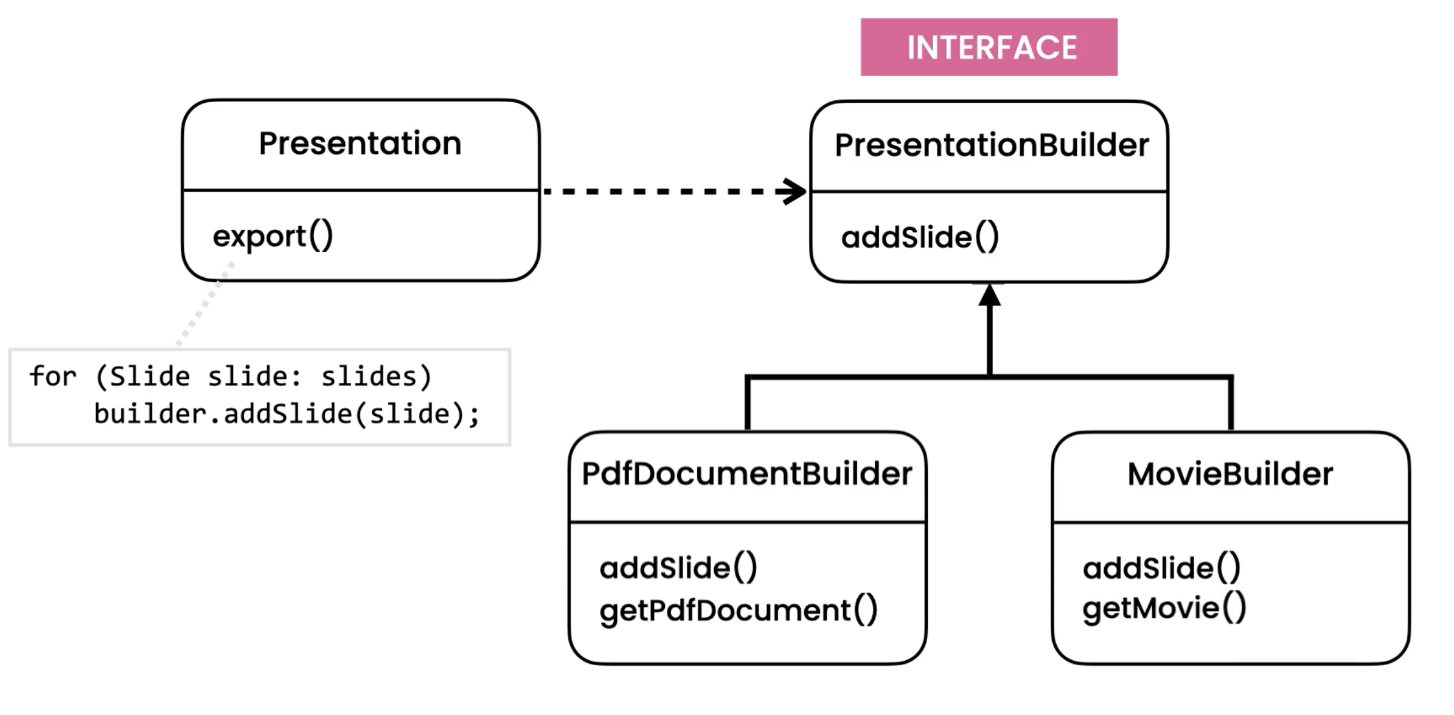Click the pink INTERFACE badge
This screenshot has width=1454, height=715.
click(989, 47)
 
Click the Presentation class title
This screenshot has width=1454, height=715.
click(360, 143)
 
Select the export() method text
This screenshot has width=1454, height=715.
click(273, 236)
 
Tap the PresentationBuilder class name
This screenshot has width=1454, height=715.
click(991, 145)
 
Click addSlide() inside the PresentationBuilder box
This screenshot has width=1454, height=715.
click(919, 237)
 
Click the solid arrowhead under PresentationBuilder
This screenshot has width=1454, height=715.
click(989, 295)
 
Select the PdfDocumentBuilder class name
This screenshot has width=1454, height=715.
click(746, 474)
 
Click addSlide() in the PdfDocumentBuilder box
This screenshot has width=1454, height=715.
click(678, 568)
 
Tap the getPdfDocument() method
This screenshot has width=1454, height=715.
click(738, 610)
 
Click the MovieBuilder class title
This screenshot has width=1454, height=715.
click(1230, 474)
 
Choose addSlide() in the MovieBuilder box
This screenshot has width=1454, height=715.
click(1161, 568)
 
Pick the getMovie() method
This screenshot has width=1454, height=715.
click(1164, 608)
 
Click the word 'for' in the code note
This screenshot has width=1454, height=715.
click(53, 376)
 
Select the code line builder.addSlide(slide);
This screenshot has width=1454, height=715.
click(287, 415)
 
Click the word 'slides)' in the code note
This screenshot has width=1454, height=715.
click(376, 376)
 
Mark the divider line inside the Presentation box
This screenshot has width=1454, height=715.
click(360, 190)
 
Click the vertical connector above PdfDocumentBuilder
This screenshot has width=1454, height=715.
click(748, 404)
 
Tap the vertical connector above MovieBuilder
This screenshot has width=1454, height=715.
click(1231, 404)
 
